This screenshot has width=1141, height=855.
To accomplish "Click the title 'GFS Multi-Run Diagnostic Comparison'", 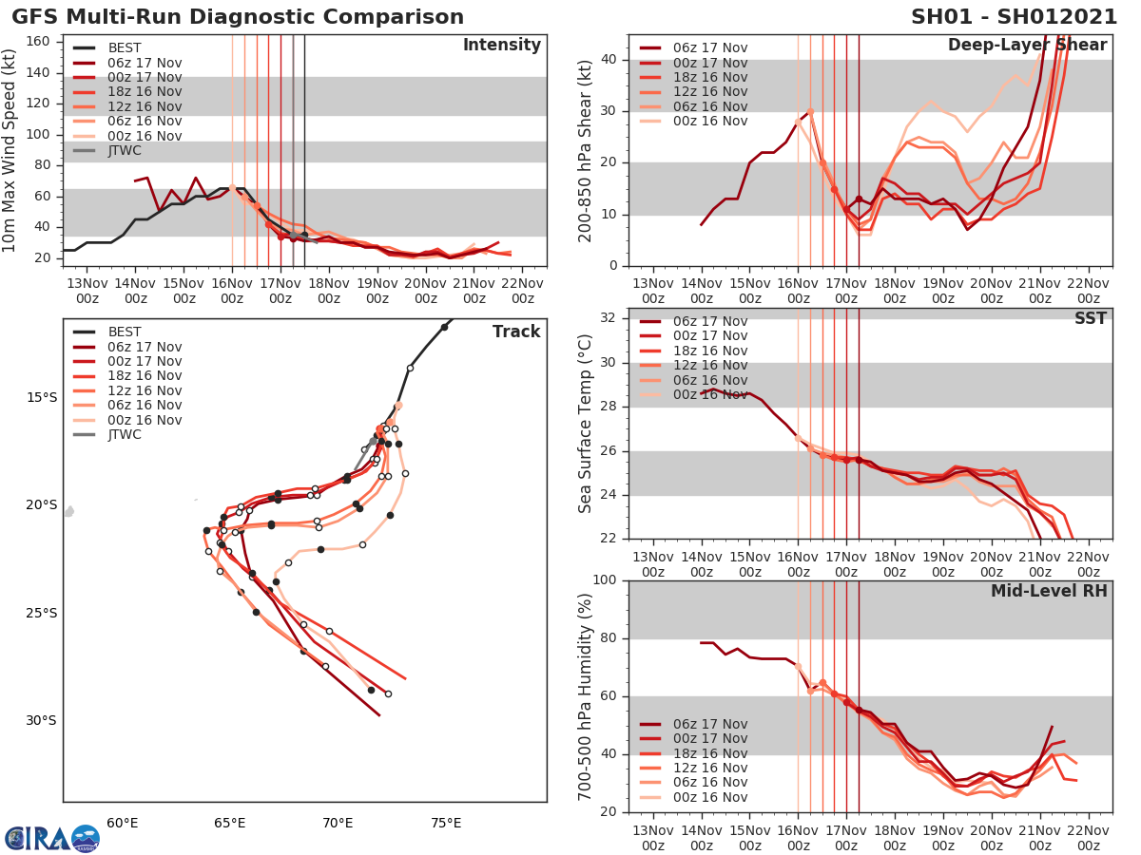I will coord(238,17).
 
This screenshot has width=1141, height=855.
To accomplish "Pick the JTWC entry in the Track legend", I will coord(125,435).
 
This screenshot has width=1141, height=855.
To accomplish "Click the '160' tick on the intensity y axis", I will coord(42,41).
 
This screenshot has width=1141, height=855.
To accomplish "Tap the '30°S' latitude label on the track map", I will coord(41,720).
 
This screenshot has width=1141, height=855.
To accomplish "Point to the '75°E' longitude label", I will coord(446,823).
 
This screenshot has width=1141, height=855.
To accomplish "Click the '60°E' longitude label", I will coord(122,823).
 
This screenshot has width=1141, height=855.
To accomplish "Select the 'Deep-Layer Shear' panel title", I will coord(1027,46).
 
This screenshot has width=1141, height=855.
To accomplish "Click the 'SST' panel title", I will coord(1090,318).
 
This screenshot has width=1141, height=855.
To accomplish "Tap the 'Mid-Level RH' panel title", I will coord(1049,591).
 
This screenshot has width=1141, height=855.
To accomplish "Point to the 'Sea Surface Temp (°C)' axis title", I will coord(586,422).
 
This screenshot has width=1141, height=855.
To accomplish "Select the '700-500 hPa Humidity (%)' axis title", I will coord(586,695).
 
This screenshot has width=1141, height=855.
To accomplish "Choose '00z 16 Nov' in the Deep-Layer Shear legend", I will coord(709,121).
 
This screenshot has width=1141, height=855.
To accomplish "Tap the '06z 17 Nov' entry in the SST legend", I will coord(709,321).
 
